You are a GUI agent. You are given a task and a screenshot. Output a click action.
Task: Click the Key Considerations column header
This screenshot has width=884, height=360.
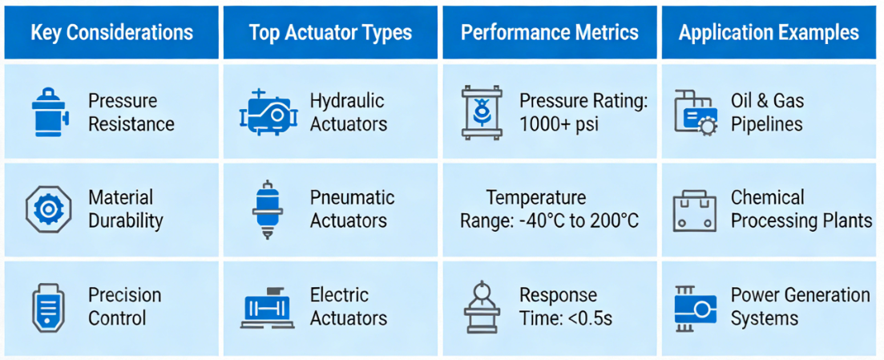111,33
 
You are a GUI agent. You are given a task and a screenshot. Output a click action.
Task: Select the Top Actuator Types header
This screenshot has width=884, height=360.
330,33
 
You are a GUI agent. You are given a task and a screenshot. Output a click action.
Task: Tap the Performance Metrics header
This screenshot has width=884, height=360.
550,33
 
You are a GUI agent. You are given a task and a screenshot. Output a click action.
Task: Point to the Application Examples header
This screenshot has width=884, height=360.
769,33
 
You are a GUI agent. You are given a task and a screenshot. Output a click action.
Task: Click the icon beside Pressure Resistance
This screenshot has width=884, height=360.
49,112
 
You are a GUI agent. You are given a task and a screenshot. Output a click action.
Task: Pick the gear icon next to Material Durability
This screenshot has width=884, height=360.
48,209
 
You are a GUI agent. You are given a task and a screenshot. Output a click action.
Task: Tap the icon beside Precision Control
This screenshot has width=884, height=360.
48,307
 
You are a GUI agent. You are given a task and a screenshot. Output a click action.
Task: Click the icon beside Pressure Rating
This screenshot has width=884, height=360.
482,113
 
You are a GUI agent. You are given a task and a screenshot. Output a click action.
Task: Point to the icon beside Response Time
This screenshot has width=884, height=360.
482,307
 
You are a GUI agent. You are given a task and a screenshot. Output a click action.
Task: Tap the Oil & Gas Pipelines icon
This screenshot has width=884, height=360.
694,113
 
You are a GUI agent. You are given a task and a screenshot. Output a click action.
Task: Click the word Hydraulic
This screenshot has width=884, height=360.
347,102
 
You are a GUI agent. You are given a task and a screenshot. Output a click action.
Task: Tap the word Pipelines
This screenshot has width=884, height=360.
766,124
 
